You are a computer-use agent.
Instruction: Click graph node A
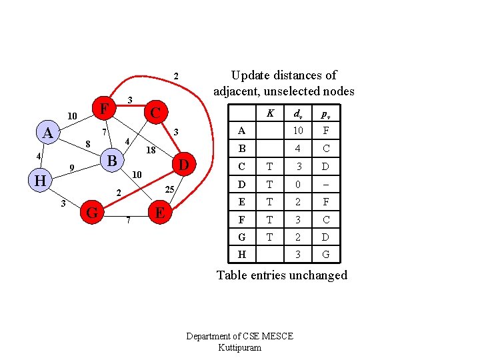[x=47, y=133]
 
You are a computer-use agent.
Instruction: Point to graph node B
[x=113, y=161]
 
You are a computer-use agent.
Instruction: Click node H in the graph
[x=40, y=181]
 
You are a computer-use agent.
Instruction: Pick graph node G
[x=93, y=213]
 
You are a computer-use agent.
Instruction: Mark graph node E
[x=160, y=213]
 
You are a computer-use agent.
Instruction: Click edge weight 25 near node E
[x=170, y=190]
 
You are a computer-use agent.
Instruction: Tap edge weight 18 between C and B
[x=151, y=151]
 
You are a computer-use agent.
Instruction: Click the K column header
[x=270, y=113]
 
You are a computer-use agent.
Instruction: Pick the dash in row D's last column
[x=326, y=184]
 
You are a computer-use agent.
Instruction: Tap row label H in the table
[x=241, y=254]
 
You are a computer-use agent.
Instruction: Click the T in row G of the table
[x=269, y=237]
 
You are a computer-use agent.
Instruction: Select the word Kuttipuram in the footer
[x=239, y=348]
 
